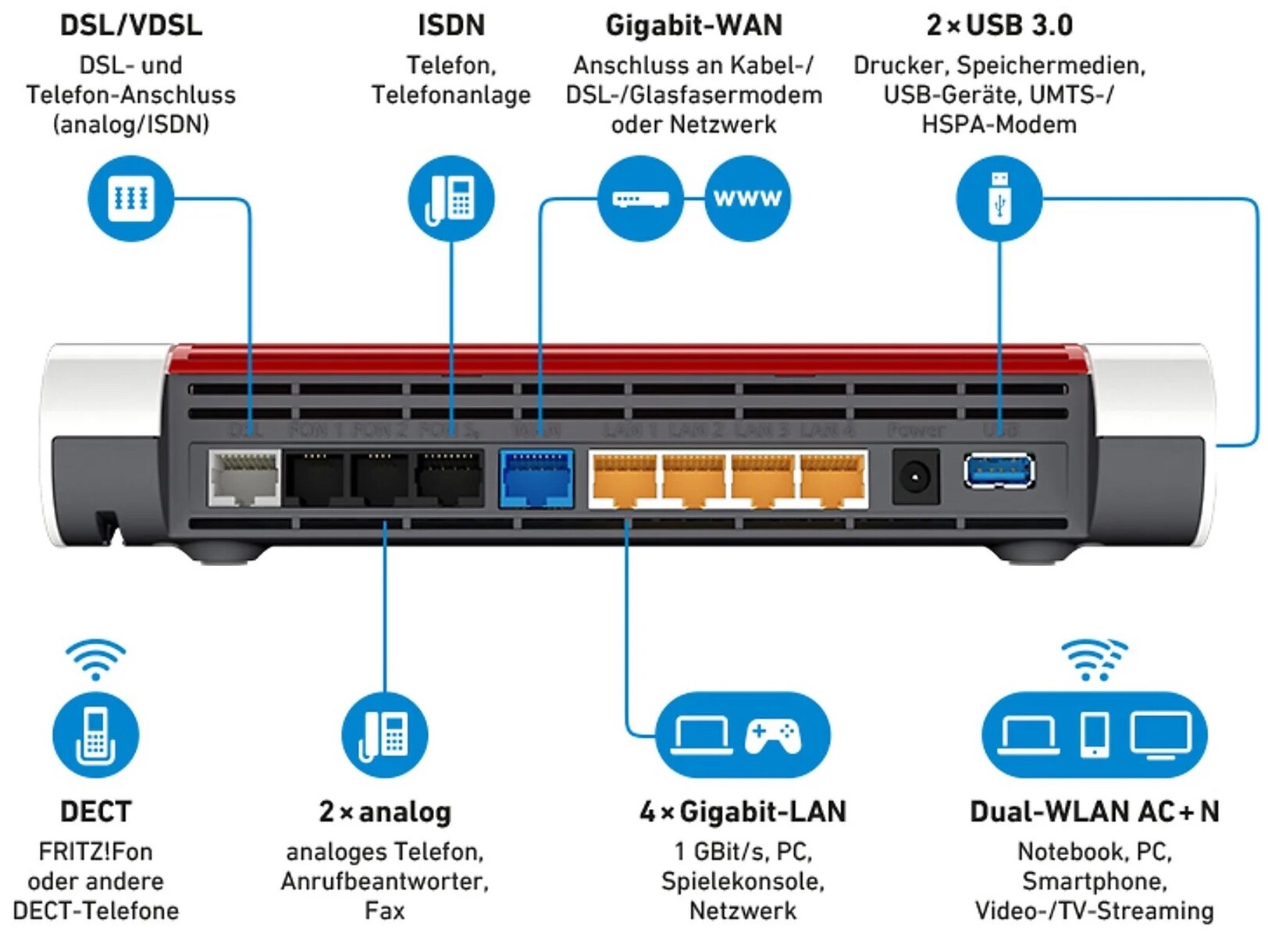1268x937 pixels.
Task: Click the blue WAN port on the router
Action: pos(536,478)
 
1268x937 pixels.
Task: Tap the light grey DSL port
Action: pos(244,478)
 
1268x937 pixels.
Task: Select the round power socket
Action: pos(915,476)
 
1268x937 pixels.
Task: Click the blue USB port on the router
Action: pos(999,472)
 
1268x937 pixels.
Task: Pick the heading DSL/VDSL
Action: pos(131,25)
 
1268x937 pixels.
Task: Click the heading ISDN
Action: pos(451,25)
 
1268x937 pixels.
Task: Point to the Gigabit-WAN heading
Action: pos(693,25)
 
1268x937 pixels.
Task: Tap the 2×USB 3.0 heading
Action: pos(999,25)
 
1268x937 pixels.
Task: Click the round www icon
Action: pos(747,198)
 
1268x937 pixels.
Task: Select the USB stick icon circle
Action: pos(999,198)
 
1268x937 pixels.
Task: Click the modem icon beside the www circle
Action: pos(640,198)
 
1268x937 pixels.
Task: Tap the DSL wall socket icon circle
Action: pos(130,198)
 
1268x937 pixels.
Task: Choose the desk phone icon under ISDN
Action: pos(451,198)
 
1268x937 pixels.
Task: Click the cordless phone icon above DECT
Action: pos(96,735)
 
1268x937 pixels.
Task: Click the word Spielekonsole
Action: pos(743,882)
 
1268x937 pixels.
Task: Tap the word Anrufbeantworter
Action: pos(385,882)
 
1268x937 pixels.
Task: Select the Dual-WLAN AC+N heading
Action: pos(1094,812)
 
